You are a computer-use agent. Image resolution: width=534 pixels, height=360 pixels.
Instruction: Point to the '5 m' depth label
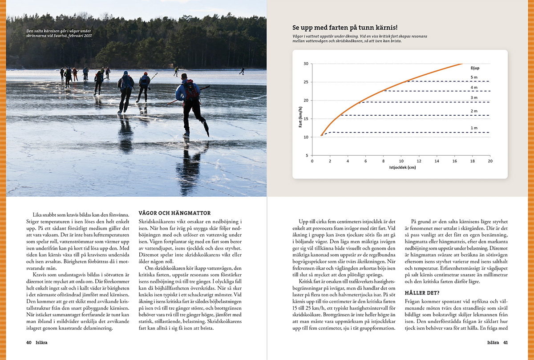(474, 77)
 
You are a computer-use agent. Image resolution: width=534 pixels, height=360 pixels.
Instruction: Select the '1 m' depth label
(474, 128)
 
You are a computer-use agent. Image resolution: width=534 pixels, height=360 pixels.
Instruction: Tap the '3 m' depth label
(474, 98)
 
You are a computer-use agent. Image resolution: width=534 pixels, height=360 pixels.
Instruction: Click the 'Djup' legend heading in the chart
(475, 68)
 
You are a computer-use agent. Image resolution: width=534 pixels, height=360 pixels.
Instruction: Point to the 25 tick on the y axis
(306, 82)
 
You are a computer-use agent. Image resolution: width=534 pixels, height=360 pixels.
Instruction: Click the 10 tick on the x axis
(401, 161)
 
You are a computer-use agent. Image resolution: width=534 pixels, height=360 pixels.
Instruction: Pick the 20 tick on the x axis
(489, 161)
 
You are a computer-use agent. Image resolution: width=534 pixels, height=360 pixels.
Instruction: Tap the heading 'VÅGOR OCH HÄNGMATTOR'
(175, 213)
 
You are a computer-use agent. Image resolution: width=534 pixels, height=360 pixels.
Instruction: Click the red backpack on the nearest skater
(191, 90)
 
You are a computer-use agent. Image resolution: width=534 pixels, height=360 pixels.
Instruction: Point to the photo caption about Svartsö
(59, 33)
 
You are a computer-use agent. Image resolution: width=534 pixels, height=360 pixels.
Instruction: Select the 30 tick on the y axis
(306, 64)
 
